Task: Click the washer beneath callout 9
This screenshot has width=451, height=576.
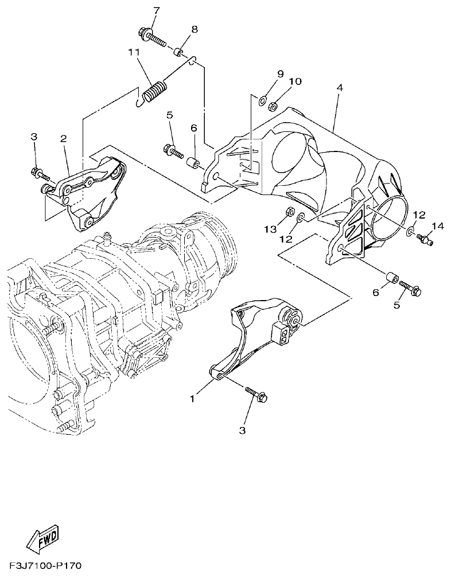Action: click(263, 101)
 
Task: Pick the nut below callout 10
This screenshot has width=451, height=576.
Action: click(275, 105)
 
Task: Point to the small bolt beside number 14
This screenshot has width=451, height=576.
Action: click(425, 237)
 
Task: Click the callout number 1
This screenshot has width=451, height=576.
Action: click(193, 396)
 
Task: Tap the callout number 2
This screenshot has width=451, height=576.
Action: click(63, 138)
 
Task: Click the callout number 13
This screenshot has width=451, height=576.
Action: click(269, 229)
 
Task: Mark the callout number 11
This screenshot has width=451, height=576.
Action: click(134, 53)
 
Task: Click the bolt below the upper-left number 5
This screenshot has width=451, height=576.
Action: click(173, 151)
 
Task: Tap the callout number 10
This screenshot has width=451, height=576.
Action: click(295, 82)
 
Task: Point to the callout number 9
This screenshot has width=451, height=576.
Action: click(280, 74)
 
